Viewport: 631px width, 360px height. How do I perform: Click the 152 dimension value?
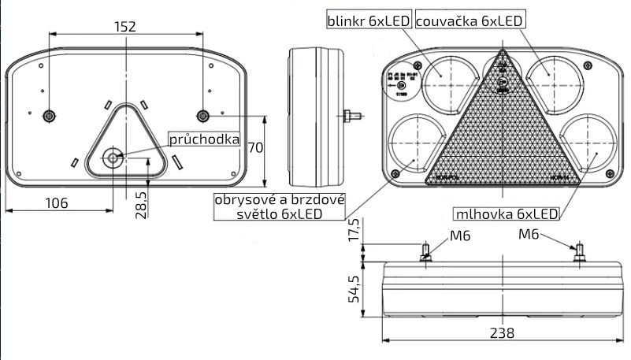click(124, 26)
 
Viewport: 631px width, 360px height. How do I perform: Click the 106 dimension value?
click(56, 203)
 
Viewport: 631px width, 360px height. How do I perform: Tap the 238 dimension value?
click(501, 332)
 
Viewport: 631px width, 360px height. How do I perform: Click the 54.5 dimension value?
click(355, 290)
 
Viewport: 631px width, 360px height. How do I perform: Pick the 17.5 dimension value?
click(355, 231)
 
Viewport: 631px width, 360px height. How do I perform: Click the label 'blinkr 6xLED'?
click(369, 22)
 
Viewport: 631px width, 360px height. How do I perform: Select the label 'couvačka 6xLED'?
click(470, 22)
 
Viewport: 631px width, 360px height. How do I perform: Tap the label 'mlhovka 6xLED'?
click(506, 213)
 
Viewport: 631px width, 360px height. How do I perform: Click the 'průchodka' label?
click(204, 139)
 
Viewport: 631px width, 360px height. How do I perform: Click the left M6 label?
click(461, 235)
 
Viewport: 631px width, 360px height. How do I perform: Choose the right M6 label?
click(529, 233)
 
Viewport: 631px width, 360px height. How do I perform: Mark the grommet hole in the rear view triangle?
click(114, 158)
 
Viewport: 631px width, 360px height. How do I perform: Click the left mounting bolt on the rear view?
click(50, 116)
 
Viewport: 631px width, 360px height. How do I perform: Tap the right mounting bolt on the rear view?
click(203, 116)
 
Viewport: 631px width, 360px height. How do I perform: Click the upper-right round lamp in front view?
click(548, 77)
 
